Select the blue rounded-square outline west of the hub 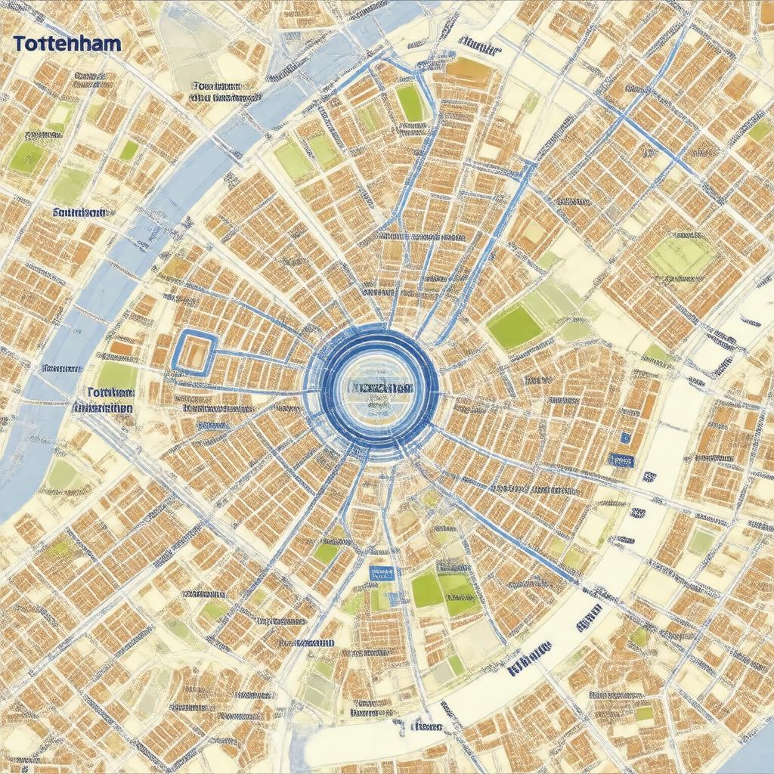coord(195,351)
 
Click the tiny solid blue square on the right coord(625,438)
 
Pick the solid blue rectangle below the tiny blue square coord(621,460)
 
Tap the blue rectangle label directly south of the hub coord(382,574)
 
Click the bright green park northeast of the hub coord(515,327)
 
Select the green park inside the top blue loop coord(410,103)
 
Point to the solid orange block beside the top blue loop coord(468,70)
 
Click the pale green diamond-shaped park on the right coord(681,257)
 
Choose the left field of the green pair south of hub coord(427,590)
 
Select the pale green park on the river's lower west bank coord(63,475)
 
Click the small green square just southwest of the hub coord(326,553)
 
